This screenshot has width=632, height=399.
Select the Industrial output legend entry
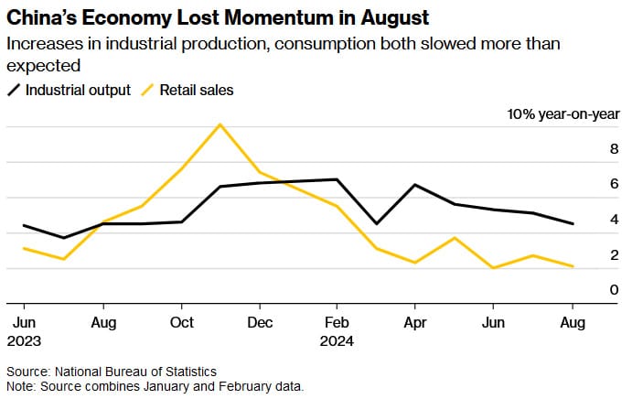click(x=78, y=90)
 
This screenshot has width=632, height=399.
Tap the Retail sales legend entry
click(x=197, y=90)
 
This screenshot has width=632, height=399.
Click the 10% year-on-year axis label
click(x=563, y=114)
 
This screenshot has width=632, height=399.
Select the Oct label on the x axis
click(x=182, y=323)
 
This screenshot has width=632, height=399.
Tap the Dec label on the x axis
click(x=260, y=323)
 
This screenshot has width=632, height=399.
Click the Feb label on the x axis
click(x=337, y=323)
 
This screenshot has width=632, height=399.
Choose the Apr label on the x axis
click(x=415, y=323)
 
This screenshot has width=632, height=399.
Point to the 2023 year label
click(x=25, y=340)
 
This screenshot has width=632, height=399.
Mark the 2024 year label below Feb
click(x=337, y=340)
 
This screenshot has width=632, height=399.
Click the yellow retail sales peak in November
click(x=220, y=124)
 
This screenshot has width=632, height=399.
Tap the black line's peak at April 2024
click(x=416, y=185)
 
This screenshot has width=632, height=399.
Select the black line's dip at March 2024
click(x=377, y=223)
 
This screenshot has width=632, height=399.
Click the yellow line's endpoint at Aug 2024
click(x=573, y=266)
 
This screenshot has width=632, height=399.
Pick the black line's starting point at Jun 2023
click(x=25, y=225)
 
